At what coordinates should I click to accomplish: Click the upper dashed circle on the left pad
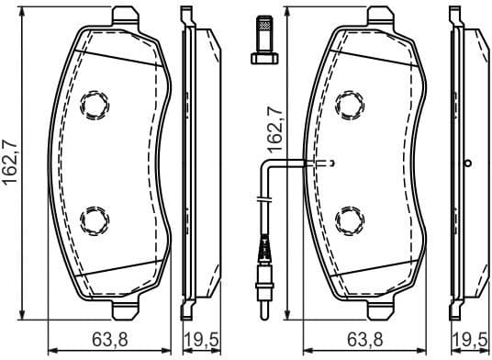tap(94, 107)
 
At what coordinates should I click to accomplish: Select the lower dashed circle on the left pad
tap(94, 219)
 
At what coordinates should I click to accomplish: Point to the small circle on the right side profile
tap(468, 164)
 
